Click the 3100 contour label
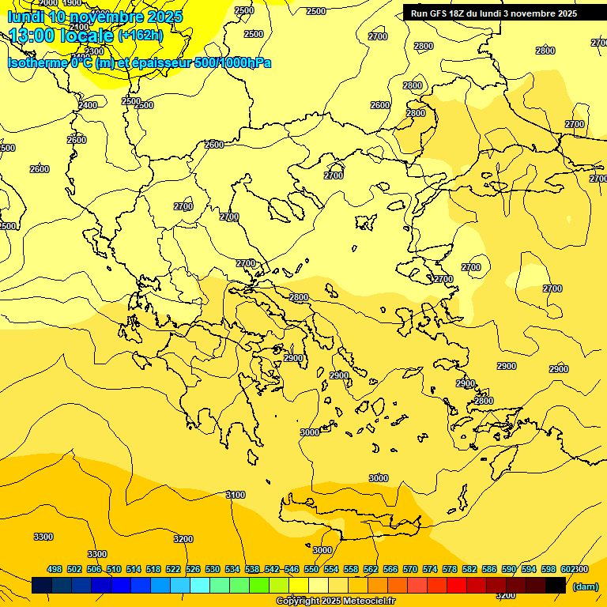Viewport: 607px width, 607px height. (x=236, y=495)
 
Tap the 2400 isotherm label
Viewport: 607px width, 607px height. (x=88, y=105)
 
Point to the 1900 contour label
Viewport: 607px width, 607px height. (x=72, y=3)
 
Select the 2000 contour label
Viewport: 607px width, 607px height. (x=47, y=4)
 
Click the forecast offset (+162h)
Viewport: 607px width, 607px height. (x=140, y=36)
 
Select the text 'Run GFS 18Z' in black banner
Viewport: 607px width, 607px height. (x=437, y=13)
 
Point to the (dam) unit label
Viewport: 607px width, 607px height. (x=586, y=586)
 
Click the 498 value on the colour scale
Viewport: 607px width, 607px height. (x=55, y=569)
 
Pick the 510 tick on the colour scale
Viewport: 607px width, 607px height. (x=114, y=569)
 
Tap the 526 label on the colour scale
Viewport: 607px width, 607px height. (x=193, y=569)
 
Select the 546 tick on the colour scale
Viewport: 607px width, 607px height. (x=292, y=569)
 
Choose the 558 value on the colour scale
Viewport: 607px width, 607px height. (x=351, y=569)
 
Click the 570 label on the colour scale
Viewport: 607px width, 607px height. (x=410, y=569)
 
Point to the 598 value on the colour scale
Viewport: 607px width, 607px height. (x=549, y=569)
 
